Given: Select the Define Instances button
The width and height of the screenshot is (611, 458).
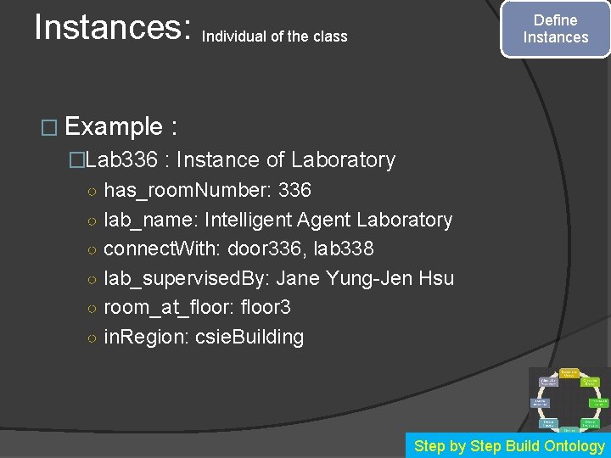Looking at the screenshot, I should tap(555, 29).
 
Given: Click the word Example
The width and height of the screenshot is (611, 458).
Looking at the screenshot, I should tap(114, 127).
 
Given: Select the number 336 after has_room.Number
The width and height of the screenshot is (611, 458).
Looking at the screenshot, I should tap(294, 190).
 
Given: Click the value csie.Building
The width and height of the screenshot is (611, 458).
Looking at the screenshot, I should tap(249, 337).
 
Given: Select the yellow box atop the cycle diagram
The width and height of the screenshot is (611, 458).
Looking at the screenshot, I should tap(569, 371).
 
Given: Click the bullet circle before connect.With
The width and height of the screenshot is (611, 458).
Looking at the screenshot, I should tap(91, 250).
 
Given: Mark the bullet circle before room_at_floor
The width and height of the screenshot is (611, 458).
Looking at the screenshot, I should tap(91, 308).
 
